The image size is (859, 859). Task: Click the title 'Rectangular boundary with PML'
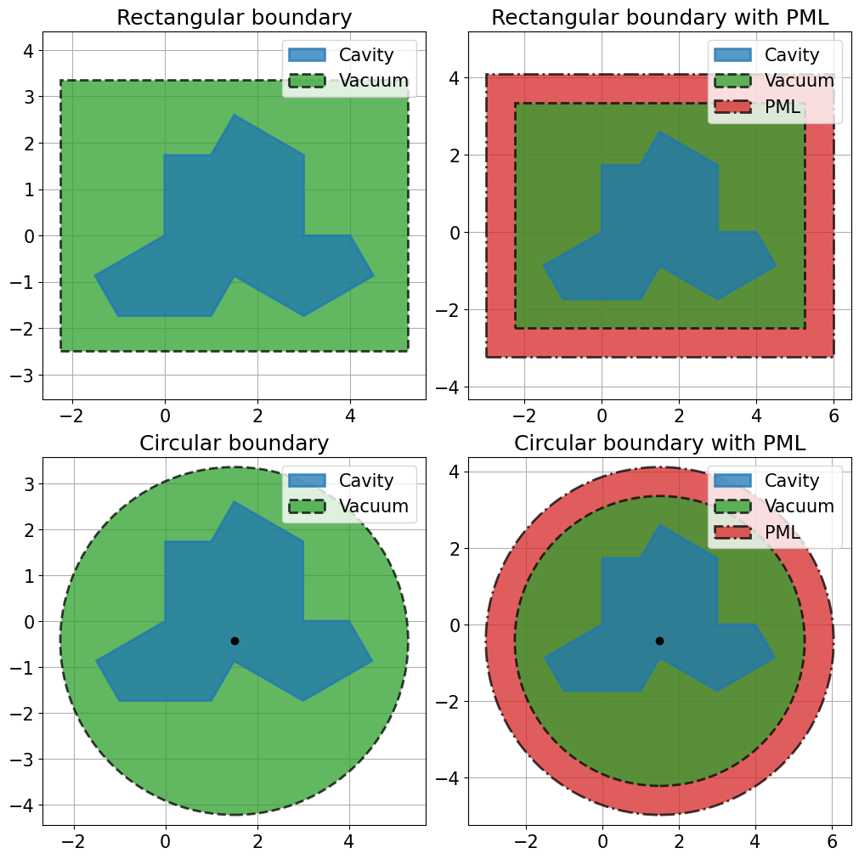coord(659,18)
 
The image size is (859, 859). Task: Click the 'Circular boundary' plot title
coord(234,444)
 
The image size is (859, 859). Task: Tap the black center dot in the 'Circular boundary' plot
coord(235,641)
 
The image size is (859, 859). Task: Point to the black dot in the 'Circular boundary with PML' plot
coord(659,641)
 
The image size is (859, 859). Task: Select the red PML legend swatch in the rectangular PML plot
coord(732,106)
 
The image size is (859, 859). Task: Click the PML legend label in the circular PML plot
coord(783,532)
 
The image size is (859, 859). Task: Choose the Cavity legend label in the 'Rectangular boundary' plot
coord(366,54)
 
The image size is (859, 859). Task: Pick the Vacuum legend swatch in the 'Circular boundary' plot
coord(308,506)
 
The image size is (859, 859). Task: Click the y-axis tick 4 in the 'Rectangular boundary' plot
coord(29,51)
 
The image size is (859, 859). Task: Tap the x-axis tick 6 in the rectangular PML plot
coord(834,416)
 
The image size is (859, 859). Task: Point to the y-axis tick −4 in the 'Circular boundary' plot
coord(22,805)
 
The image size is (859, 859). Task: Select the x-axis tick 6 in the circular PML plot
coord(832,841)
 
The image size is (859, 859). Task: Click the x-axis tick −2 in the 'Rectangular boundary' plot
coord(71,416)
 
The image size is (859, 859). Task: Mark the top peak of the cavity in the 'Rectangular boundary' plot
coord(234,115)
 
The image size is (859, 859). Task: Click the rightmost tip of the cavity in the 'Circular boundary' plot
coord(372,661)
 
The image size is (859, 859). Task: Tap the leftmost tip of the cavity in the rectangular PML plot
coord(543,266)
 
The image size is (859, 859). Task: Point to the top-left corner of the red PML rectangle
coord(487,75)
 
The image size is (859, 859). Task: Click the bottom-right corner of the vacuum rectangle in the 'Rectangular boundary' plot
coord(408,351)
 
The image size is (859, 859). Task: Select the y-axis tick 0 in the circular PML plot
coord(455,625)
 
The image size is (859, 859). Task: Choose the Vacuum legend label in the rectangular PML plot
coord(800,81)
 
